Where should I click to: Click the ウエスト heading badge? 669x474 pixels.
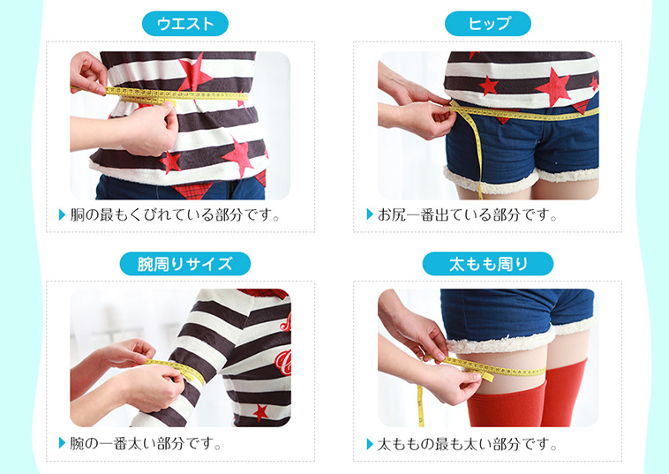(x=184, y=24)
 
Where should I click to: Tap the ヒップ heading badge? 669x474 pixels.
(x=488, y=24)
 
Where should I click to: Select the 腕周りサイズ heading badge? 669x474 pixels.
(x=184, y=264)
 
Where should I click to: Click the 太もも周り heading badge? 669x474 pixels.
(x=488, y=264)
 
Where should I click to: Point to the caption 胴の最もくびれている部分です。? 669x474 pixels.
(x=175, y=214)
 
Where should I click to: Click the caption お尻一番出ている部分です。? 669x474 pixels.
(x=468, y=214)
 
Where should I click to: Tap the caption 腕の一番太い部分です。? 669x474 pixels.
(x=146, y=444)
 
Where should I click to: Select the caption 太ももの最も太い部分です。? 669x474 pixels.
(x=468, y=444)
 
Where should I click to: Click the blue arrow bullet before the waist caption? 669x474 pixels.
(x=63, y=214)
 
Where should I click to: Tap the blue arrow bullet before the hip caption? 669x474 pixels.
(x=370, y=214)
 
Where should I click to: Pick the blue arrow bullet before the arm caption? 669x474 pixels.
(x=63, y=444)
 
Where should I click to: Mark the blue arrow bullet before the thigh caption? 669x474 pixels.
(x=370, y=444)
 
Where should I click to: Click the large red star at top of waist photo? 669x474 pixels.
(x=194, y=73)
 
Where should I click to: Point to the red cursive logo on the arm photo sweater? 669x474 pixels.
(x=283, y=362)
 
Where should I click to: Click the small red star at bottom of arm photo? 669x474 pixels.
(x=259, y=412)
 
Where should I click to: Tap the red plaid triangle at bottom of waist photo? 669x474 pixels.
(x=192, y=191)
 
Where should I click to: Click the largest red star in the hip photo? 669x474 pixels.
(x=553, y=87)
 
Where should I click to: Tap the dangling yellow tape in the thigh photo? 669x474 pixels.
(x=421, y=405)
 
